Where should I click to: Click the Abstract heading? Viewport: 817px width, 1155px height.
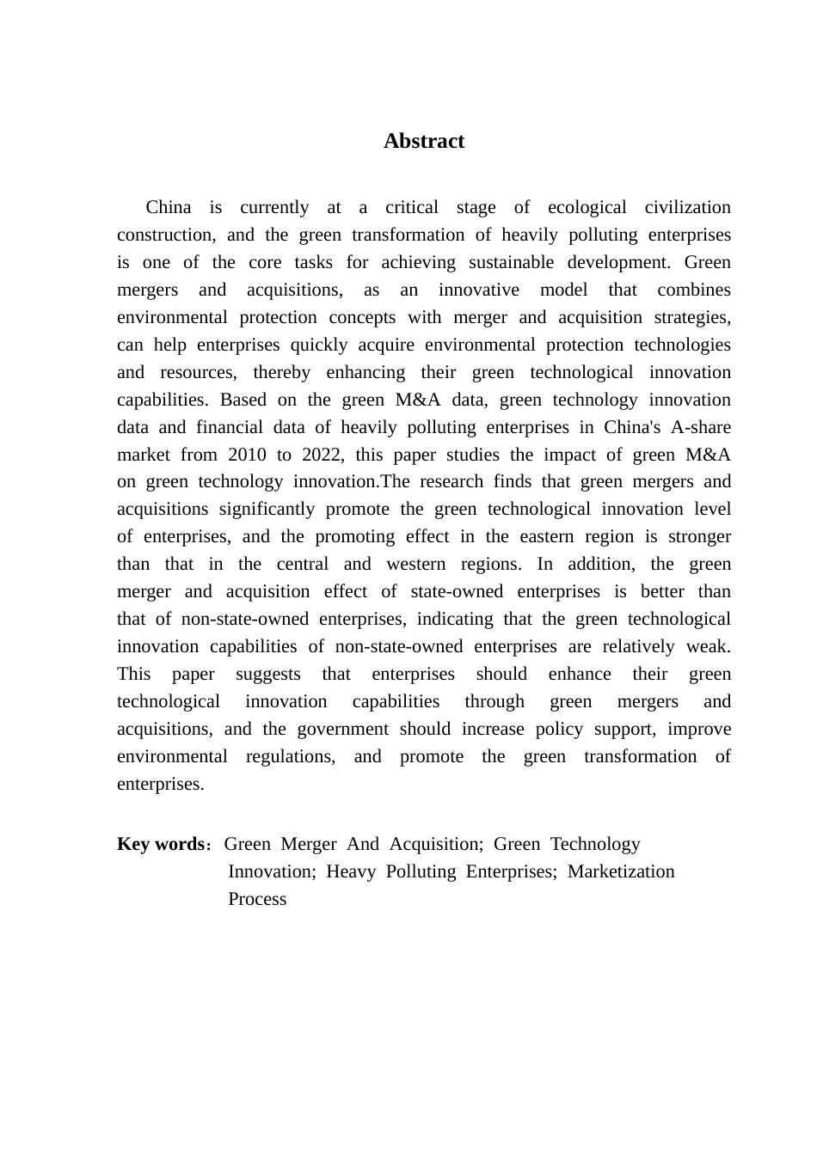tap(423, 142)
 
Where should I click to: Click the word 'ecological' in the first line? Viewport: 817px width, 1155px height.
tap(587, 207)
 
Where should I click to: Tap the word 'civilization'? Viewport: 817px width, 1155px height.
tap(687, 207)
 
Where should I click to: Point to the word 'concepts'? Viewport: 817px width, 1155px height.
tap(362, 317)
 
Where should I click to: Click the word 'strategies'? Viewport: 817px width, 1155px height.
tap(691, 317)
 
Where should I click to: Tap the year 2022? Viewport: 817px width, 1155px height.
tap(322, 455)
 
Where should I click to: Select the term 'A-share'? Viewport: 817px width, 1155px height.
tap(700, 427)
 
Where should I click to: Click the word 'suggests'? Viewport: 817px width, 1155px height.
tap(267, 674)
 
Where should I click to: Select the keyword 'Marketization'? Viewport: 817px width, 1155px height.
tap(621, 871)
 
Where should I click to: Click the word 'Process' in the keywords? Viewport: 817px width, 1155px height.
tap(257, 899)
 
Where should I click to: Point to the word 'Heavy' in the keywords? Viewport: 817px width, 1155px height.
tap(351, 871)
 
